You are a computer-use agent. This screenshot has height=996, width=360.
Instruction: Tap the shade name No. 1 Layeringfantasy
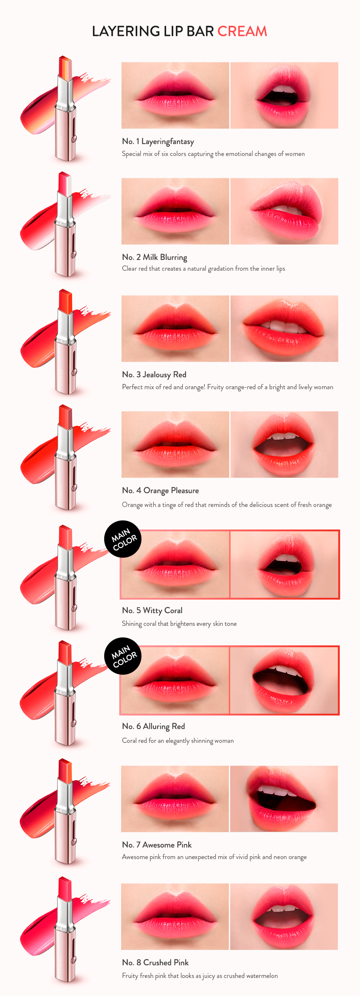pos(158,141)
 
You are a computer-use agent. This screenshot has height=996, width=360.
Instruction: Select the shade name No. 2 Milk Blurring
pos(154,257)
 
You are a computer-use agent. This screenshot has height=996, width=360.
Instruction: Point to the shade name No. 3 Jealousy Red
pos(154,374)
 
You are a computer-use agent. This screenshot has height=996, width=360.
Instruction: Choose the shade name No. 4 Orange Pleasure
pos(160,490)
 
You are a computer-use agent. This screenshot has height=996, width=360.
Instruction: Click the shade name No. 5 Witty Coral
pos(152,610)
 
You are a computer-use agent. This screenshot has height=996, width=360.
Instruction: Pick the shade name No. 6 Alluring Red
pos(153,726)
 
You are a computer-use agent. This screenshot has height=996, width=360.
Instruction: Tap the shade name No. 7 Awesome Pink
pos(157,845)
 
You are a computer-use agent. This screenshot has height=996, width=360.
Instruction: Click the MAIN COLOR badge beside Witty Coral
pos(123,539)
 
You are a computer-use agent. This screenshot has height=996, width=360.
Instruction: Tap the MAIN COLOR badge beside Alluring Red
pos(123,656)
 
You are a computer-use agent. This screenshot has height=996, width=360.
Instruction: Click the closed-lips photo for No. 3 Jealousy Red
pos(175,328)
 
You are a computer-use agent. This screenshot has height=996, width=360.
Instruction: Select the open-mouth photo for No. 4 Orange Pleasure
pos(284,444)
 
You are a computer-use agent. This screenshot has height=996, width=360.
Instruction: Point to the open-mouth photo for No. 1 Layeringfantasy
pos(284,95)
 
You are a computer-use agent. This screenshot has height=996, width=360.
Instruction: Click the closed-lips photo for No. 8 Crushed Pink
pos(175,916)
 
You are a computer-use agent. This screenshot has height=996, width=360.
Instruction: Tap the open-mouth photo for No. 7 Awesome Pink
pos(284,799)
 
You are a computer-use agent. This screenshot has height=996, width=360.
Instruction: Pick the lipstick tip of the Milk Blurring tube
pos(65,183)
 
